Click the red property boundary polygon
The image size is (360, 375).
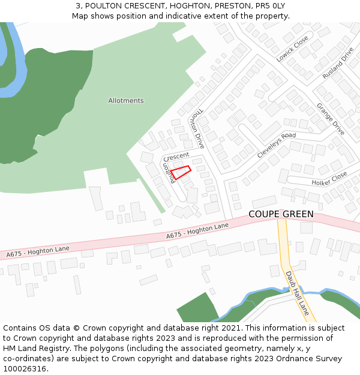pyautogui.click(x=181, y=172)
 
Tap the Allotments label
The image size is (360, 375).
pyautogui.click(x=126, y=101)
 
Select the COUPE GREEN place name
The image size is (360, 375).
pyautogui.click(x=281, y=214)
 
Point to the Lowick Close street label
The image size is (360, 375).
pyautogui.click(x=292, y=49)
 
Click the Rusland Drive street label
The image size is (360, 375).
pyautogui.click(x=338, y=63)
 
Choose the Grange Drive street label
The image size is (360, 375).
pyautogui.click(x=331, y=119)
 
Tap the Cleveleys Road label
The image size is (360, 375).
pyautogui.click(x=277, y=145)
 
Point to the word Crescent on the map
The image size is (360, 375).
pyautogui.click(x=176, y=156)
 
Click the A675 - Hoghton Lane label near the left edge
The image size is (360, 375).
pyautogui.click(x=38, y=251)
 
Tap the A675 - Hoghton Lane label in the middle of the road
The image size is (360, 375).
pyautogui.click(x=198, y=230)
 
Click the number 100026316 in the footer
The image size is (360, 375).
pyautogui.click(x=25, y=368)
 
